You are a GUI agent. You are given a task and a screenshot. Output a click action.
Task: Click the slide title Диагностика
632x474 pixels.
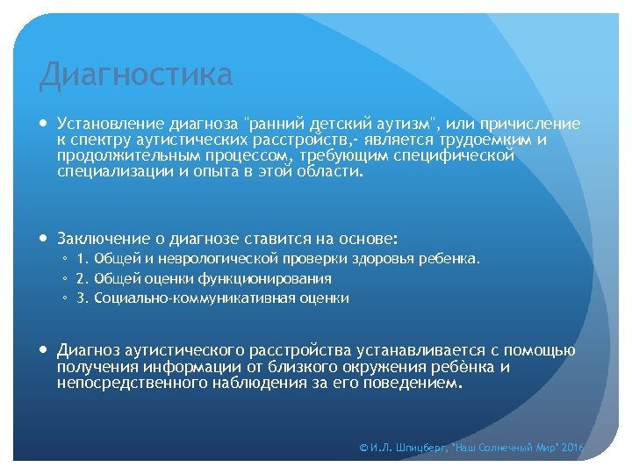pos(136,75)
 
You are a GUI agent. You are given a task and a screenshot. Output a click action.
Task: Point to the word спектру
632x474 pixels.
pos(102,140)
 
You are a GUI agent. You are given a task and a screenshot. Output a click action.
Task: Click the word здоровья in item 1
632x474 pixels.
pos(384,259)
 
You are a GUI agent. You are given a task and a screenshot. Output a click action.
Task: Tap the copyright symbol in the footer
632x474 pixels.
pos(364,448)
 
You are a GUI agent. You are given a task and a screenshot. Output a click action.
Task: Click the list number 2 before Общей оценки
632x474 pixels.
pos(81,278)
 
